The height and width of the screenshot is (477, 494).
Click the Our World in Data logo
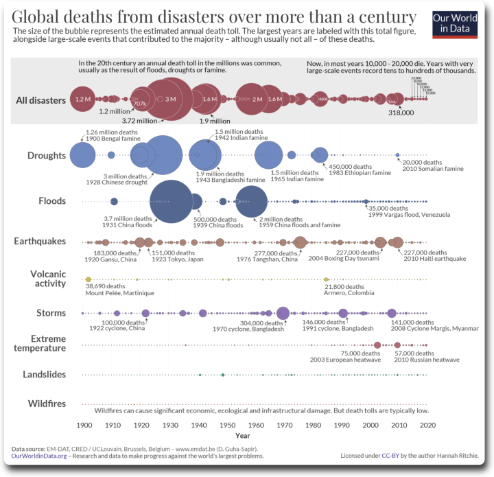pos(455,23)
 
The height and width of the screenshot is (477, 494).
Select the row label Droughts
pos(47,156)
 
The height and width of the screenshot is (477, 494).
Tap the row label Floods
pos(52,201)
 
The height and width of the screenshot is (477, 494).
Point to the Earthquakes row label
pos(40,242)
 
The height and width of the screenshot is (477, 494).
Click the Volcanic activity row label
pos(48,279)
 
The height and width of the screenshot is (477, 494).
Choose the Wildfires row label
pos(47,404)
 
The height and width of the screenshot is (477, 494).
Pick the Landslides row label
pos(44,375)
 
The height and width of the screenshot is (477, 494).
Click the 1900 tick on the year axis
pos(84,425)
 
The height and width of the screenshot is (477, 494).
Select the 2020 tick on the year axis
pos(428,425)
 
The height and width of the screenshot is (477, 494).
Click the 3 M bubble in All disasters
pos(171,100)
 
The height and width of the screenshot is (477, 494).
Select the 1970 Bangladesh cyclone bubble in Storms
pos(283,313)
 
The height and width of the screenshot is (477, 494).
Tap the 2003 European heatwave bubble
pos(377,345)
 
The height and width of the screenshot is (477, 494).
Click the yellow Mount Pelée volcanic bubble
pos(88,279)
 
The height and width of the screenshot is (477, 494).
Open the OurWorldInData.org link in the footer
pos(39,456)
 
